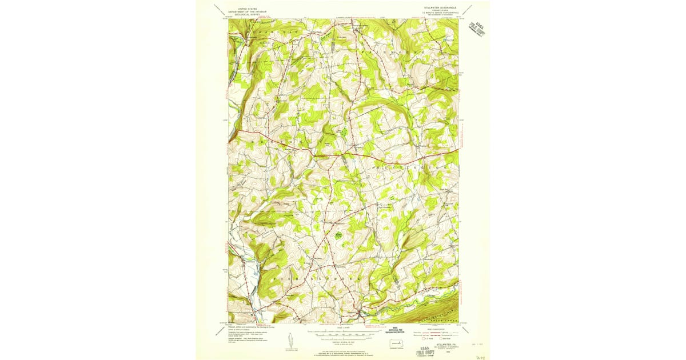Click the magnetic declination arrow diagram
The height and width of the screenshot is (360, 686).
[x=290, y=342]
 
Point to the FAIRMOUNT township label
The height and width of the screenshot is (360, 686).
[x=394, y=51]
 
